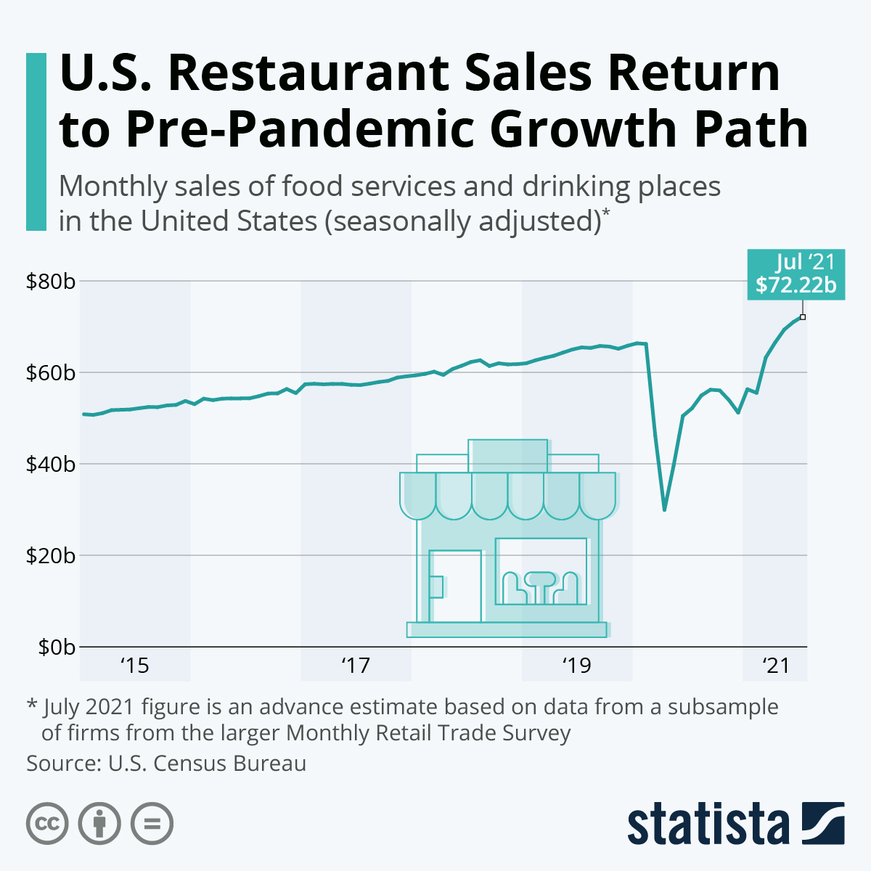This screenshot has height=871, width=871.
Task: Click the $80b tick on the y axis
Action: point(50,281)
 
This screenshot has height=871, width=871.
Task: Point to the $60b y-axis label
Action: point(50,373)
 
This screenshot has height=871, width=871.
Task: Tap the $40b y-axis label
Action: point(50,464)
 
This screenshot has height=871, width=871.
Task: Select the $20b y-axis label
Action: point(50,555)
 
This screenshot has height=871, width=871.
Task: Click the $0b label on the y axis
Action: point(54,647)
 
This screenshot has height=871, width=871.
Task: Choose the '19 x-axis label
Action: point(576,666)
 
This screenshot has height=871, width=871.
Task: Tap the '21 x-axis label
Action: point(775,666)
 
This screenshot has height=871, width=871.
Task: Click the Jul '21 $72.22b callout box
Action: point(796,274)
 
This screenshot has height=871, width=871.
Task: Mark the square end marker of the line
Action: point(802,316)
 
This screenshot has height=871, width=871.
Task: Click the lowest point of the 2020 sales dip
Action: point(664,510)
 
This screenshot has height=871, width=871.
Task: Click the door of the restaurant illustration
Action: point(455,586)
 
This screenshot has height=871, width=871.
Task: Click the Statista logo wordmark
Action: point(708,825)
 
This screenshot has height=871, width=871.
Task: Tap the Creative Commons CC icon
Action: point(47,824)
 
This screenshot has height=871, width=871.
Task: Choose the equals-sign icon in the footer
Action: point(152,824)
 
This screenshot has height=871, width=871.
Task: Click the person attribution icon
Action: point(99,824)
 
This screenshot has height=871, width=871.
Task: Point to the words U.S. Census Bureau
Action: point(207,764)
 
